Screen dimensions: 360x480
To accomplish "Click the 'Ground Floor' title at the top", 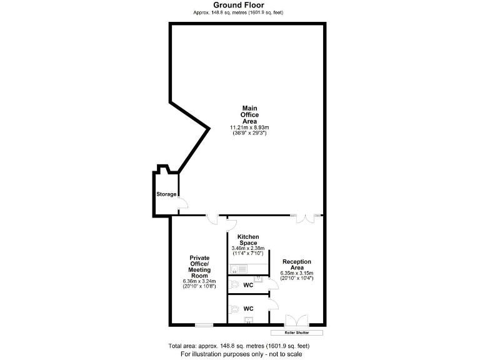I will pyautogui.click(x=241, y=5).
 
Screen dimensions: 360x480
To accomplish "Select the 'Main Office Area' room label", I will pyautogui.click(x=249, y=115).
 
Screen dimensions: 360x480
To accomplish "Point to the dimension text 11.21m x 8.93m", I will pyautogui.click(x=249, y=127).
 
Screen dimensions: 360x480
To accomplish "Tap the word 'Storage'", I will pyautogui.click(x=166, y=194).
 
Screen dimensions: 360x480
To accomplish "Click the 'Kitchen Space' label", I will pyautogui.click(x=248, y=239).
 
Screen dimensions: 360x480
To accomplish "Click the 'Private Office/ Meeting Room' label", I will pyautogui.click(x=200, y=267).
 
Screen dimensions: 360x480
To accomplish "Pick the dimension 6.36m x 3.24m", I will pyautogui.click(x=200, y=281).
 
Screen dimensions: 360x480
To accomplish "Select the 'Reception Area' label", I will pyautogui.click(x=297, y=265).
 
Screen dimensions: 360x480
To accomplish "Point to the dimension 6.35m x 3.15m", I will pyautogui.click(x=297, y=273).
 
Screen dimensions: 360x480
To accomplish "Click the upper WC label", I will pyautogui.click(x=248, y=285).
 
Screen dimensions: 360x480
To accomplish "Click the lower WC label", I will pyautogui.click(x=248, y=308).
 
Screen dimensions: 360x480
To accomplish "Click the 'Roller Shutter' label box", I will pyautogui.click(x=297, y=332).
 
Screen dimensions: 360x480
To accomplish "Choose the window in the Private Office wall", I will pyautogui.click(x=203, y=325).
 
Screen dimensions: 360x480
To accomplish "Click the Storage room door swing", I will pyautogui.click(x=182, y=204).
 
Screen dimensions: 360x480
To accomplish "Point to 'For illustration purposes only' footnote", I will pyautogui.click(x=241, y=354).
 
